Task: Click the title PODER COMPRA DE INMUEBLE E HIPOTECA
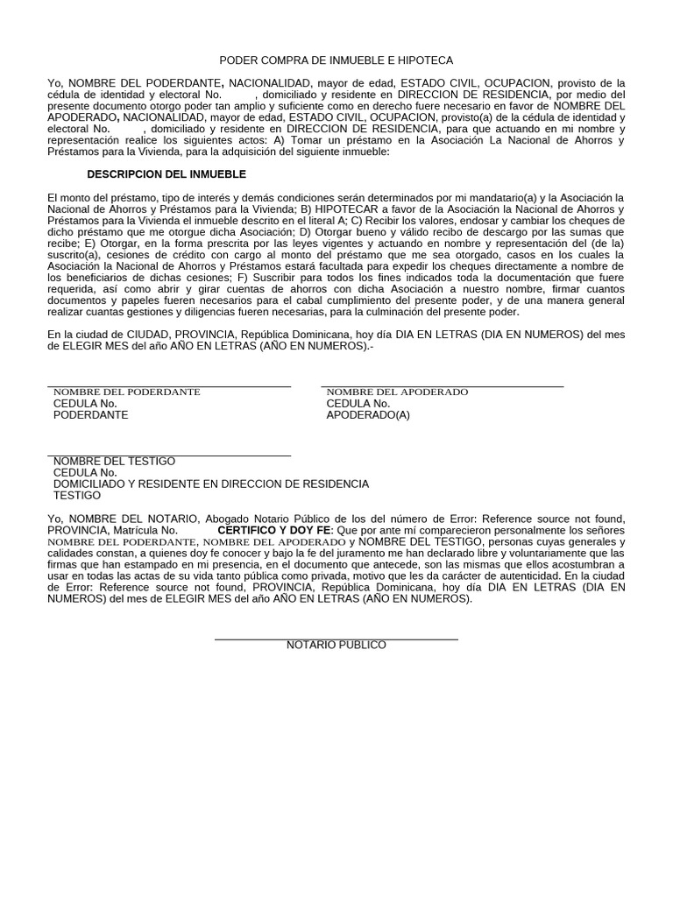click(x=336, y=60)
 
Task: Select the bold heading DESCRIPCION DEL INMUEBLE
click(x=166, y=174)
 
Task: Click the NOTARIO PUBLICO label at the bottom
click(x=336, y=645)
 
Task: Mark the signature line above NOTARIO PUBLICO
click(x=336, y=639)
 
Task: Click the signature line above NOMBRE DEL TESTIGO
click(x=169, y=456)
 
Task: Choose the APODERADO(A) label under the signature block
click(x=368, y=415)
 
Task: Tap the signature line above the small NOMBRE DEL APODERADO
click(x=443, y=386)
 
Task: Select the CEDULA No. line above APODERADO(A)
click(x=358, y=404)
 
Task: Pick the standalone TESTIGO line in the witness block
click(x=77, y=495)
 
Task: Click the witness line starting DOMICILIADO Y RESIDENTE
click(x=211, y=484)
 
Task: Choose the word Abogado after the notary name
click(x=230, y=519)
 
